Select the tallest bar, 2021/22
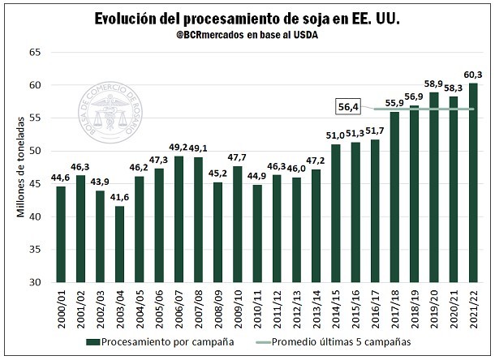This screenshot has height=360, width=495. [x=473, y=182]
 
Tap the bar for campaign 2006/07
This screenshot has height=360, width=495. [x=179, y=219]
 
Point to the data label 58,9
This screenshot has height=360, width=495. [x=434, y=84]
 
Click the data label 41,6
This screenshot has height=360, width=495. [x=119, y=198]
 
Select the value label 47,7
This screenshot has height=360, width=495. [x=238, y=157]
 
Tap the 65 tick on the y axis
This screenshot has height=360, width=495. [x=35, y=52]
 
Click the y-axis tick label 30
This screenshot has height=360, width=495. [x=35, y=282]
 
